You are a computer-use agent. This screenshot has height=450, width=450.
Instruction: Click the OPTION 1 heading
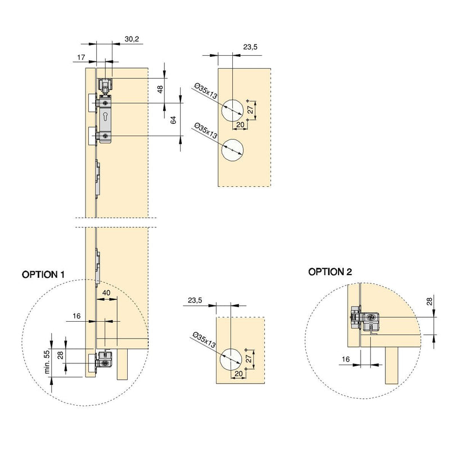click(43, 274)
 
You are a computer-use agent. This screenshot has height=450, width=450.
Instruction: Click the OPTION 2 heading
click(330, 272)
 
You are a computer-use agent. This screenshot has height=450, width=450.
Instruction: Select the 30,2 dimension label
click(131, 39)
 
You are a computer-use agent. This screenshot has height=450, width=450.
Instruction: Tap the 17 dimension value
click(82, 57)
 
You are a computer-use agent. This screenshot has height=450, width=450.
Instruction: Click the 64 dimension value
click(174, 120)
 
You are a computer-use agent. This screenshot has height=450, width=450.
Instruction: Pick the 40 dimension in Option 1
click(106, 292)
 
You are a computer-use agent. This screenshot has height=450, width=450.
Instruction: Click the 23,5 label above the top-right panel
click(251, 48)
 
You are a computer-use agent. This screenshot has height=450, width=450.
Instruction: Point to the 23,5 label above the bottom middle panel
click(195, 301)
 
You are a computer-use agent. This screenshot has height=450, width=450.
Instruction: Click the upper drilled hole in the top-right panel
click(232, 110)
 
